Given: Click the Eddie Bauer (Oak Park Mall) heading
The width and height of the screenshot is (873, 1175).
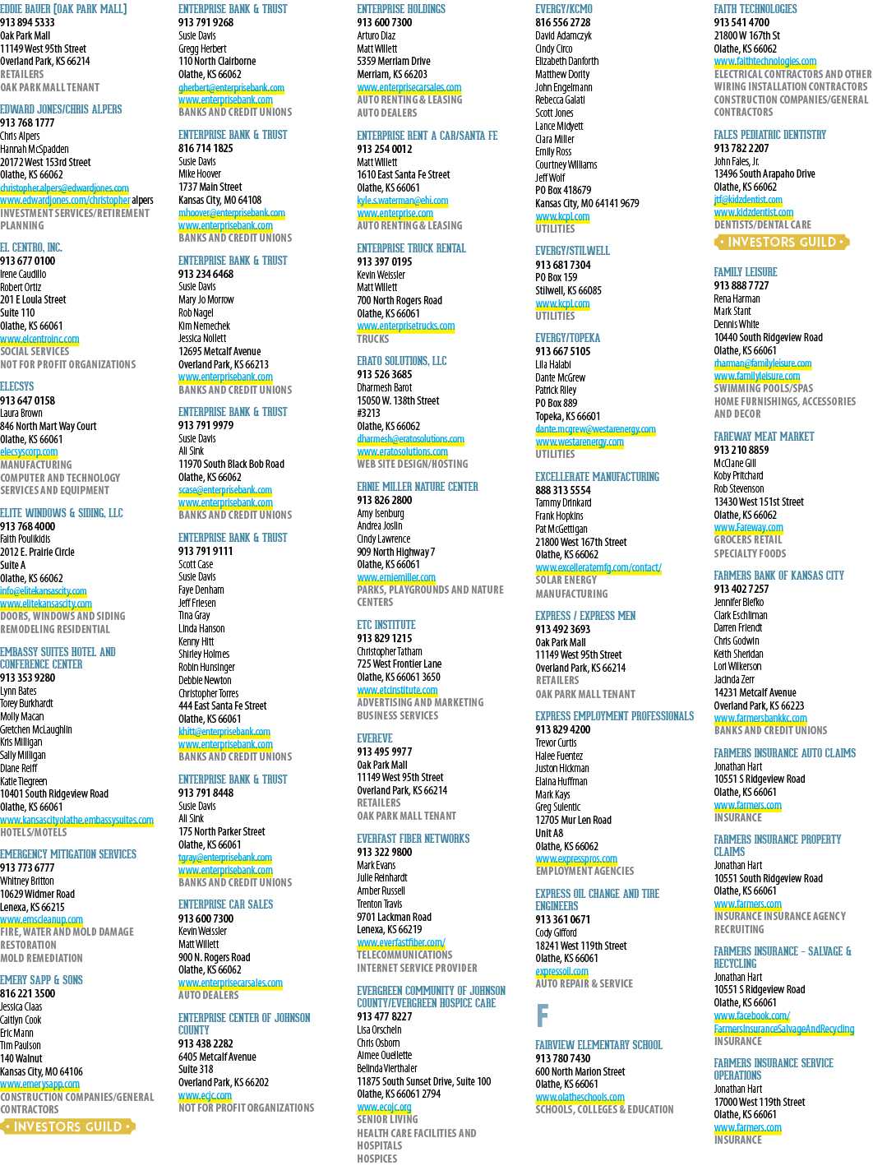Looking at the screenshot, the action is [x=63, y=9].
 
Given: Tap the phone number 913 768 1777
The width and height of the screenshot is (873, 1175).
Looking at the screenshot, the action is [x=27, y=123].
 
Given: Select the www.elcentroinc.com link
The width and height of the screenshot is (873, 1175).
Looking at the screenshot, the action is [x=39, y=339].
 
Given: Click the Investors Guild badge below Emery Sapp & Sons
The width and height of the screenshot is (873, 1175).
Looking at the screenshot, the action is [x=67, y=1126].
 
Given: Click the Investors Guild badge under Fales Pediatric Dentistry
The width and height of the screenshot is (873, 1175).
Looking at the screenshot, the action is [x=782, y=242].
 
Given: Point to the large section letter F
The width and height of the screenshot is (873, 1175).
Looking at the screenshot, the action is [x=542, y=1015].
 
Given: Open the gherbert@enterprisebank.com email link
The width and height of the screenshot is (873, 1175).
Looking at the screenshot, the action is [x=231, y=87].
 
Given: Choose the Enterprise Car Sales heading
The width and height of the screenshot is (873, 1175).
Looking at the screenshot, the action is [x=226, y=904].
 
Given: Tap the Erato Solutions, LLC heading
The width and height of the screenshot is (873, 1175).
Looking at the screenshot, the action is [x=401, y=361].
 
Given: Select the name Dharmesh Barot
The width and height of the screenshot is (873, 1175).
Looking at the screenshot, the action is [x=384, y=387].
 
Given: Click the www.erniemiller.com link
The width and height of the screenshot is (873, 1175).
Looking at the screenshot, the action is [x=396, y=577].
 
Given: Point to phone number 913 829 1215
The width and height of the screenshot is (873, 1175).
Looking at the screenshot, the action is [x=384, y=638].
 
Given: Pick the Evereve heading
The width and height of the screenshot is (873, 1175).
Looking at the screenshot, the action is [x=375, y=738].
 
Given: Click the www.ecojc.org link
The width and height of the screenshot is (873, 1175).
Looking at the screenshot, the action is [x=384, y=1108].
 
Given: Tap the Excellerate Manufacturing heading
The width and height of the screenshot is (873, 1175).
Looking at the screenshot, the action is [x=597, y=477].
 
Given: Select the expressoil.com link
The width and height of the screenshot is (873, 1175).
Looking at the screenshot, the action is [x=561, y=971].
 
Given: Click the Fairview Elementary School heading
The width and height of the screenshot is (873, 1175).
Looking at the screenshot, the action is [x=598, y=1045].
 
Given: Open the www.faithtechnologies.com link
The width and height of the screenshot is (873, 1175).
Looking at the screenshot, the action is [x=765, y=61].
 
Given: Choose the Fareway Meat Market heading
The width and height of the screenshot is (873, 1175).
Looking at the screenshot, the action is [x=764, y=437].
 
